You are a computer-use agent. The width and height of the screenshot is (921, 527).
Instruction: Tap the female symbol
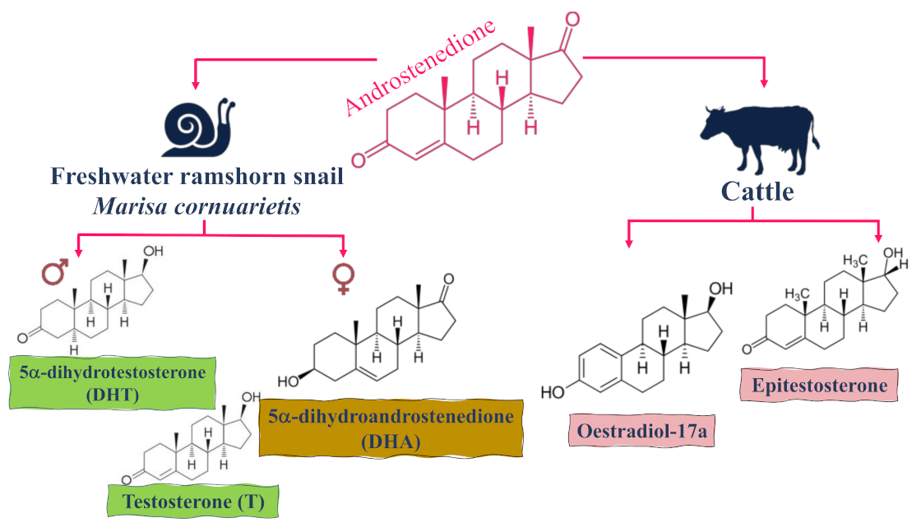tap(343, 278)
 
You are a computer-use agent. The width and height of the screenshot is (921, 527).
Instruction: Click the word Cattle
tap(757, 192)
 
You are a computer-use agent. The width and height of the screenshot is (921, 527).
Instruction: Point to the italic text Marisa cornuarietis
tap(196, 206)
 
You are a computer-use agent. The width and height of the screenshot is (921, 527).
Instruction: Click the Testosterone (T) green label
tap(192, 502)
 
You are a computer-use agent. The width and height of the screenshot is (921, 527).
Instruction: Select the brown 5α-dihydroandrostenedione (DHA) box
tap(391, 428)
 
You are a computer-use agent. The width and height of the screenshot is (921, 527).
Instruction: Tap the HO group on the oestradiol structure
tap(553, 392)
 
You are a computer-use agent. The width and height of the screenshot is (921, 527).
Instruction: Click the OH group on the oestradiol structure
tap(720, 289)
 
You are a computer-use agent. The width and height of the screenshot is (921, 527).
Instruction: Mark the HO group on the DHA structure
tap(289, 381)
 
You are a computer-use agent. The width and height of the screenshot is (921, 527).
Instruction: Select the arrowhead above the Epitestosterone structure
tap(879, 237)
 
